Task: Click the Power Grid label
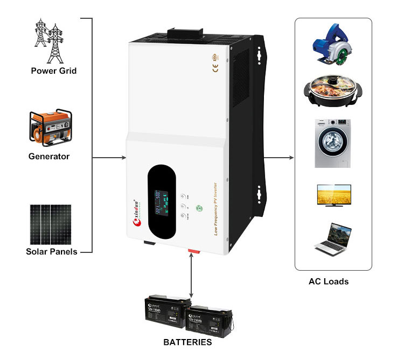pyautogui.click(x=53, y=70)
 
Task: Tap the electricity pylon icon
pyautogui.click(x=49, y=40)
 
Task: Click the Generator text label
pyautogui.click(x=49, y=157)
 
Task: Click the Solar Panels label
pyautogui.click(x=52, y=251)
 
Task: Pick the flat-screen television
pyautogui.click(x=333, y=195)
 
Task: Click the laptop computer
pyautogui.click(x=333, y=238)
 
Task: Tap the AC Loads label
pyautogui.click(x=329, y=281)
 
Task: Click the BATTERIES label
pyautogui.click(x=187, y=342)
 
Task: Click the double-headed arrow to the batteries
pyautogui.click(x=191, y=277)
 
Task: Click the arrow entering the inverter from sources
pyautogui.click(x=110, y=158)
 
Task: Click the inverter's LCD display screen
pyautogui.click(x=163, y=206)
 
